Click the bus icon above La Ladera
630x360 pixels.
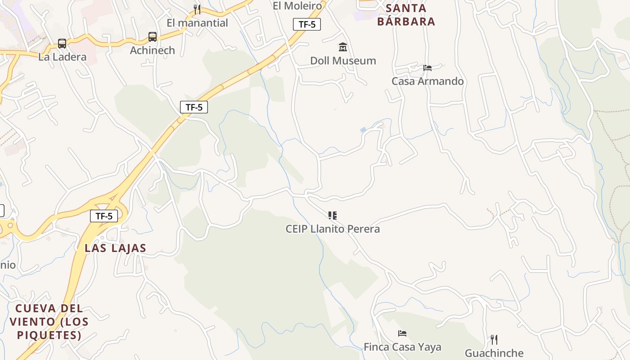[62, 44]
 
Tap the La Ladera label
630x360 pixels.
[62, 57]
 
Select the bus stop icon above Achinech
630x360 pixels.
[153, 37]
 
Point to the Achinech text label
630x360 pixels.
[153, 50]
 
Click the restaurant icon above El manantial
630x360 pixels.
[197, 9]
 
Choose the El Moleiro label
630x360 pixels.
[297, 6]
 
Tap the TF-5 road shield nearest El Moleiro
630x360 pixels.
[307, 24]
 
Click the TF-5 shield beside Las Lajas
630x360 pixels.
[104, 216]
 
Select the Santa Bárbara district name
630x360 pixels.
[406, 15]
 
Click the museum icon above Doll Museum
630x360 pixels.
[343, 47]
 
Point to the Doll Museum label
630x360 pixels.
[343, 61]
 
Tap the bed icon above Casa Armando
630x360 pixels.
[427, 68]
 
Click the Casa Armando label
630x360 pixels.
[427, 81]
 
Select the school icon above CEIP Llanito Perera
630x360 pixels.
[333, 216]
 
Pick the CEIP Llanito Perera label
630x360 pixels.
[333, 229]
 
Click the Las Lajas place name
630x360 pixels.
[116, 248]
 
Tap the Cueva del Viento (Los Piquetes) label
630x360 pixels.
[49, 322]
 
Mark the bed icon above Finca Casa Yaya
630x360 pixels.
[402, 333]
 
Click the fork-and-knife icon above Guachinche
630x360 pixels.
[494, 339]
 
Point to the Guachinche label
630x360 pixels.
[494, 353]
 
